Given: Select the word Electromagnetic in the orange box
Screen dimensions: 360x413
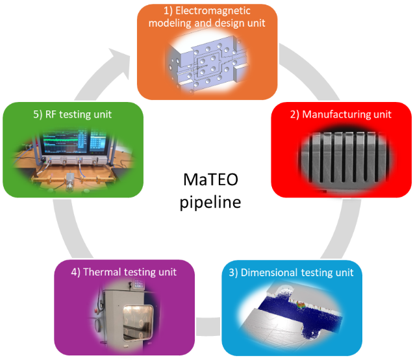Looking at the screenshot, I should click(x=218, y=12).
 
